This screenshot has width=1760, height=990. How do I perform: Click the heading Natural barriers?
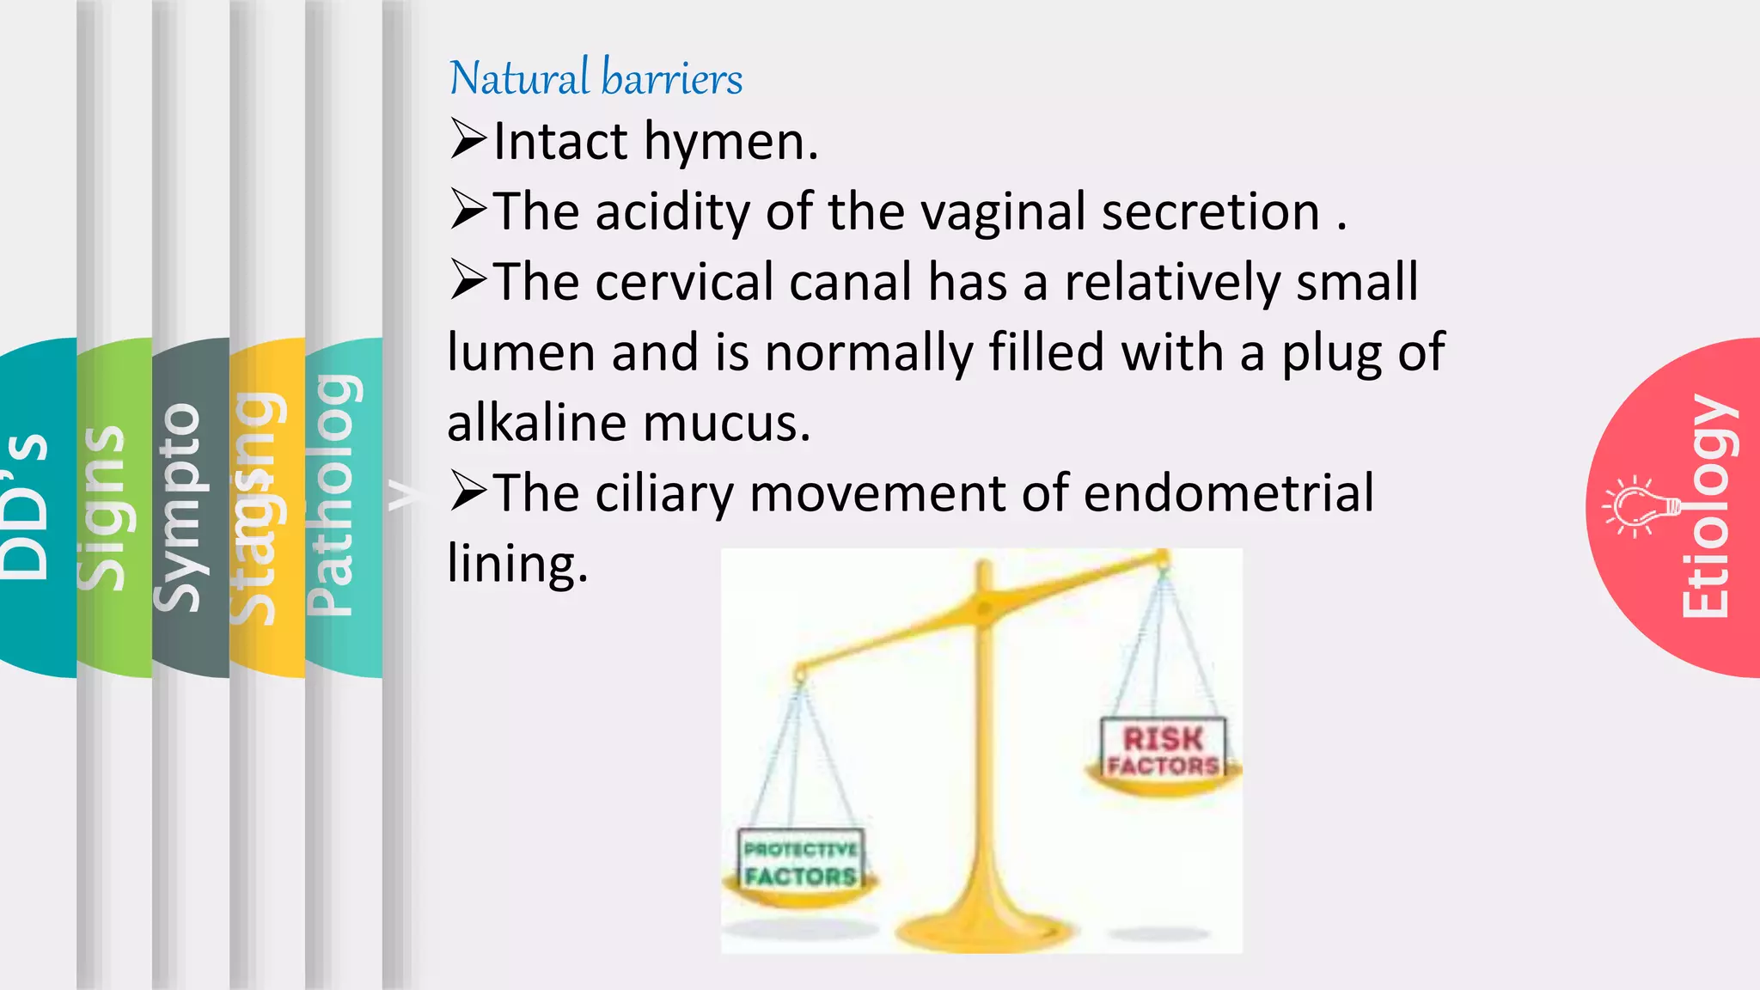(x=596, y=78)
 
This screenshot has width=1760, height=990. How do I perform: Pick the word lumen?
(x=521, y=352)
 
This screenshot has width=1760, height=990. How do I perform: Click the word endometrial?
(x=1228, y=493)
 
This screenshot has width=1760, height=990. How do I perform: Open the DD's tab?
(x=26, y=507)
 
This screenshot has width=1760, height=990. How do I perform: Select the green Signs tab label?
(x=103, y=507)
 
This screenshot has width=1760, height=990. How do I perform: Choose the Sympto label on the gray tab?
(x=179, y=507)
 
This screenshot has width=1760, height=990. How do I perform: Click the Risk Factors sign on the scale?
(x=1163, y=750)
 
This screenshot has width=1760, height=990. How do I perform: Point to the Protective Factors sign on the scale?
(x=800, y=862)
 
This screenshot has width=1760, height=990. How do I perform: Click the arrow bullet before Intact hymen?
(x=468, y=140)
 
